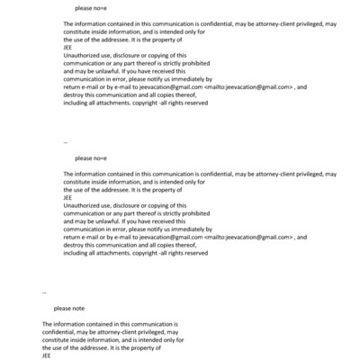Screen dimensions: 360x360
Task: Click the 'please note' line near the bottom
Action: (68, 309)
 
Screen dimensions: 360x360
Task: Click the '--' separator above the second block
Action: (66, 142)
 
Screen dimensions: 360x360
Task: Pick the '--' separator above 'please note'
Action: (45, 292)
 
